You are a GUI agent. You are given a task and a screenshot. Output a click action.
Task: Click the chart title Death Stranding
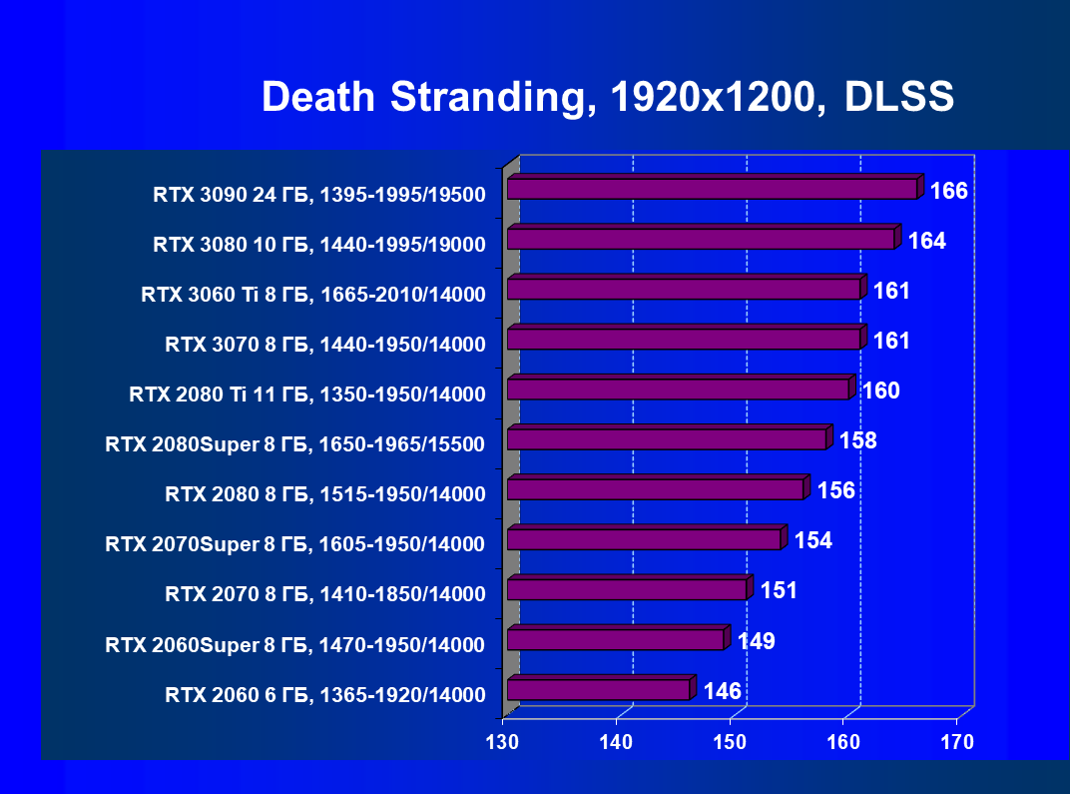point(418,98)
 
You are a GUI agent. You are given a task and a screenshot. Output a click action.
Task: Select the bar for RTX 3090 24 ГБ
point(712,189)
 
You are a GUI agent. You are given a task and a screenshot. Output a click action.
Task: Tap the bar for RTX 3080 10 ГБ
point(701,239)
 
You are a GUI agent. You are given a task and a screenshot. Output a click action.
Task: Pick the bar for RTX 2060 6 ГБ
point(598,689)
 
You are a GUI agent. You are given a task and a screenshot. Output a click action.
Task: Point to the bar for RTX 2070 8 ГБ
point(627,589)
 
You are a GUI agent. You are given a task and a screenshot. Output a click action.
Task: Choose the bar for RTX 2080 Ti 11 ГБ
point(678,390)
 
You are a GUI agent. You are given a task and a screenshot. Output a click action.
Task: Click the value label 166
point(948,191)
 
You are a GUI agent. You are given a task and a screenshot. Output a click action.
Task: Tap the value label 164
point(926,241)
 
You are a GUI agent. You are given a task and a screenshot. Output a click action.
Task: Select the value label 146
point(722,691)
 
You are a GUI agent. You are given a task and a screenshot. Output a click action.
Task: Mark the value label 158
point(857,440)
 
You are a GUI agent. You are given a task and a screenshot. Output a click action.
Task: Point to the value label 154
point(812,540)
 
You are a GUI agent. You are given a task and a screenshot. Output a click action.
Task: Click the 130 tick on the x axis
point(503,743)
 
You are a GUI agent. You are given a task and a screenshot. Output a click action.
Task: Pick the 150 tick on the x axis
point(731,743)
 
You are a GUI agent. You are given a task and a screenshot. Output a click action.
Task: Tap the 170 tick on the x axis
point(957,743)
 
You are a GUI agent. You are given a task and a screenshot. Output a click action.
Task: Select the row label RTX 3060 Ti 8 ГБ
point(312,295)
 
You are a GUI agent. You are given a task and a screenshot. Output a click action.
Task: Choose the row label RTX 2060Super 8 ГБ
point(295,645)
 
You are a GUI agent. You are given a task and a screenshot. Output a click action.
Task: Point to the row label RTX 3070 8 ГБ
point(325,345)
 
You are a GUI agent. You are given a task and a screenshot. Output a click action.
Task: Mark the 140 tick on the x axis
point(617,743)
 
